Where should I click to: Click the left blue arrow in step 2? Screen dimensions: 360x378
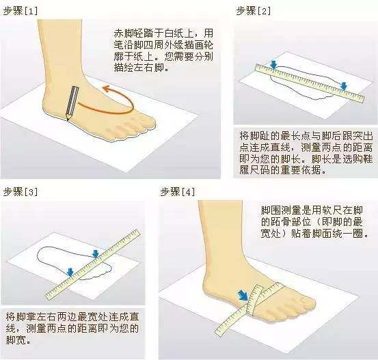click(x=273, y=64)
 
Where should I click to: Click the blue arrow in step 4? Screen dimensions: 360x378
click(x=242, y=296)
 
